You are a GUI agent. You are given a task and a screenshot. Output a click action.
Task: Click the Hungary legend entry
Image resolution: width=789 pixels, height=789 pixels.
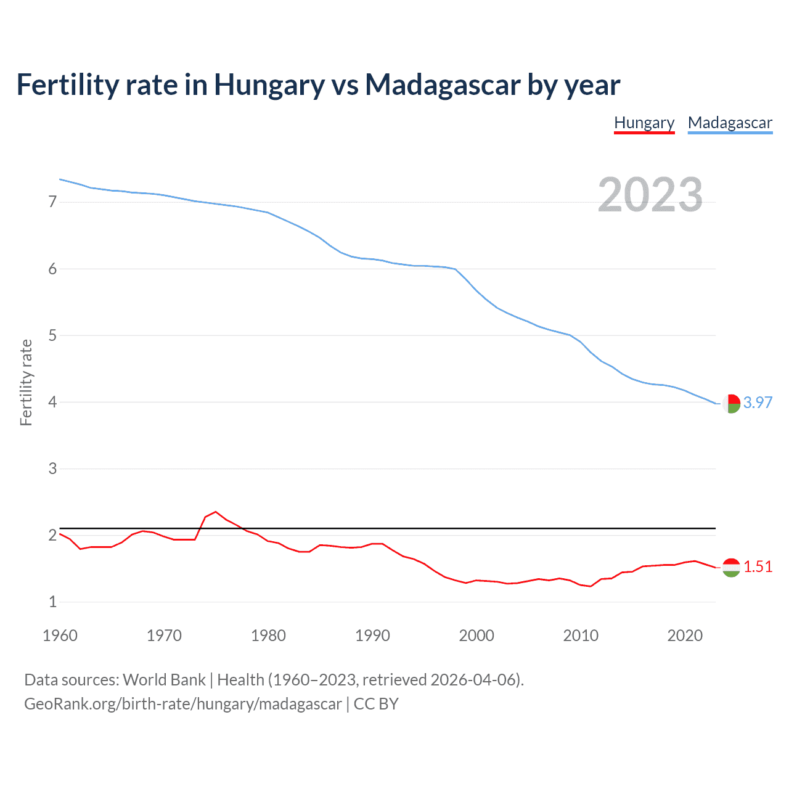coord(644,123)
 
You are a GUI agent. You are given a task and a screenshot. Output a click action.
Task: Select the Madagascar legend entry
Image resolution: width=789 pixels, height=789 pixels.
coord(730,123)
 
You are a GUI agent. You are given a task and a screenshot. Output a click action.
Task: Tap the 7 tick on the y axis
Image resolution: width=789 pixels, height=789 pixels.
coord(52,202)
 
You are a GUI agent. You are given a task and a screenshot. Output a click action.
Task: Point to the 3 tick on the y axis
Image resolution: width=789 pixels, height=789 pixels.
coord(52,468)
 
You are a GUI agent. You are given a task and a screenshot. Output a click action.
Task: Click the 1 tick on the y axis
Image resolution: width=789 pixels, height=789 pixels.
coord(52,602)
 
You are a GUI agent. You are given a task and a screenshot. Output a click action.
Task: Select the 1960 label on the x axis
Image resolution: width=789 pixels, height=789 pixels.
coord(60,636)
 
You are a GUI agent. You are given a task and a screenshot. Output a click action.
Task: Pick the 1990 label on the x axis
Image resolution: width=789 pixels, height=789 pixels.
coord(372,636)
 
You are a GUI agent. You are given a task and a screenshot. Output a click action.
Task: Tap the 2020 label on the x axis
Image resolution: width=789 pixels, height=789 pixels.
coord(685,636)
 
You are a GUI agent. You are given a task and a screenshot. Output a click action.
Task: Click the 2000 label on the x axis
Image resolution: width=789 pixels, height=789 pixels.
coord(476,636)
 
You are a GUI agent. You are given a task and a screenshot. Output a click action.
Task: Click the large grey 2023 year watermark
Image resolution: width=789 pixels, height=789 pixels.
coord(650,195)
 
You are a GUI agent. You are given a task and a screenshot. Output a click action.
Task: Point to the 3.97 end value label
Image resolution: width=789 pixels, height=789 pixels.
coord(758,403)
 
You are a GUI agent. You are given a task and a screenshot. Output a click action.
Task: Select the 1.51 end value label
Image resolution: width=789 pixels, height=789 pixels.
coord(758,566)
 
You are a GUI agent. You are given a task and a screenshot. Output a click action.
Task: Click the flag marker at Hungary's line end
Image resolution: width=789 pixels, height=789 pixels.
coord(731,567)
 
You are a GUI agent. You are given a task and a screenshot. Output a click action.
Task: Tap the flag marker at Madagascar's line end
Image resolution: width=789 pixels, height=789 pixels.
coord(731,404)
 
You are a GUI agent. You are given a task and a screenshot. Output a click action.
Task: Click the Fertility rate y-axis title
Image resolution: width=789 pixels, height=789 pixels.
coord(26,382)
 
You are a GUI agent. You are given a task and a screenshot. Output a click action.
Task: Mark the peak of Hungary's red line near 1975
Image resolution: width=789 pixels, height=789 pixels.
coord(215,512)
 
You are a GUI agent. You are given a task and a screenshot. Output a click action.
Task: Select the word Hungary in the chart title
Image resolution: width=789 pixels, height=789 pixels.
coord(269,84)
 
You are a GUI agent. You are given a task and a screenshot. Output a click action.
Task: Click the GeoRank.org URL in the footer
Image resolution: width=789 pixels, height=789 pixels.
coord(182,704)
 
